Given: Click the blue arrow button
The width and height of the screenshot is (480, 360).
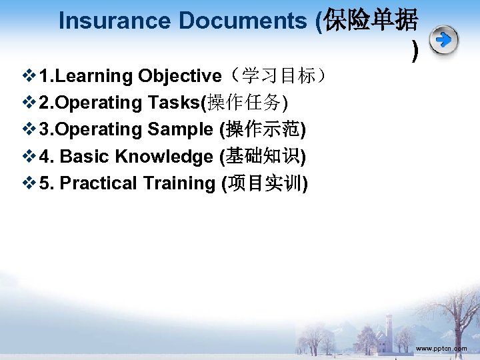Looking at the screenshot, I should (443, 41).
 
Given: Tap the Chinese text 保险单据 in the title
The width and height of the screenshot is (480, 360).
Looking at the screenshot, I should (371, 21).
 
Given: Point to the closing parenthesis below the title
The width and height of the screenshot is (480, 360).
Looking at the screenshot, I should (415, 50).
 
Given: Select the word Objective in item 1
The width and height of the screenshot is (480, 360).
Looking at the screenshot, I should (179, 76).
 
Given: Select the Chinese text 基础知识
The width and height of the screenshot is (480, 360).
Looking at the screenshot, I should (263, 157).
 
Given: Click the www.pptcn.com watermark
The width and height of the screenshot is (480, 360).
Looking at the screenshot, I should (441, 349).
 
